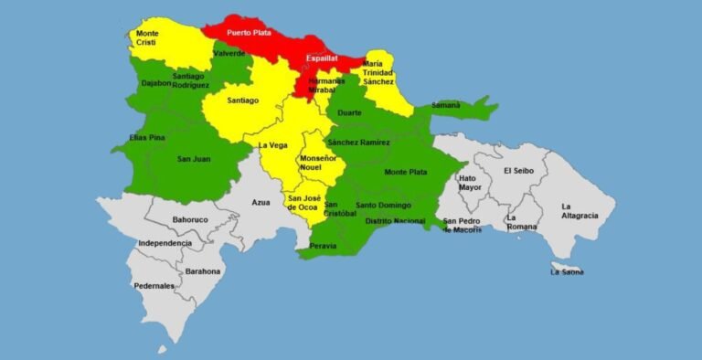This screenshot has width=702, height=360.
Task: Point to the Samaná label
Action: click(x=445, y=106)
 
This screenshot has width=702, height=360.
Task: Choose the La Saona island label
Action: click(x=567, y=271)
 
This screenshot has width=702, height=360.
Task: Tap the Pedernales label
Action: click(x=155, y=286)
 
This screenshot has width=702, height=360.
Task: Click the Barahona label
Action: click(x=202, y=271)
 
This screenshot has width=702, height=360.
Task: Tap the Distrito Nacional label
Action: click(x=395, y=221)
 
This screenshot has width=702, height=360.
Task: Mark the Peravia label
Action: click(x=323, y=246)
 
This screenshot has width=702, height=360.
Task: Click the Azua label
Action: click(x=261, y=201)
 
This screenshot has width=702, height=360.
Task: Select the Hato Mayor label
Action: click(x=469, y=183)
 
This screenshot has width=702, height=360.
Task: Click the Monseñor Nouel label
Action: click(x=317, y=164)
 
